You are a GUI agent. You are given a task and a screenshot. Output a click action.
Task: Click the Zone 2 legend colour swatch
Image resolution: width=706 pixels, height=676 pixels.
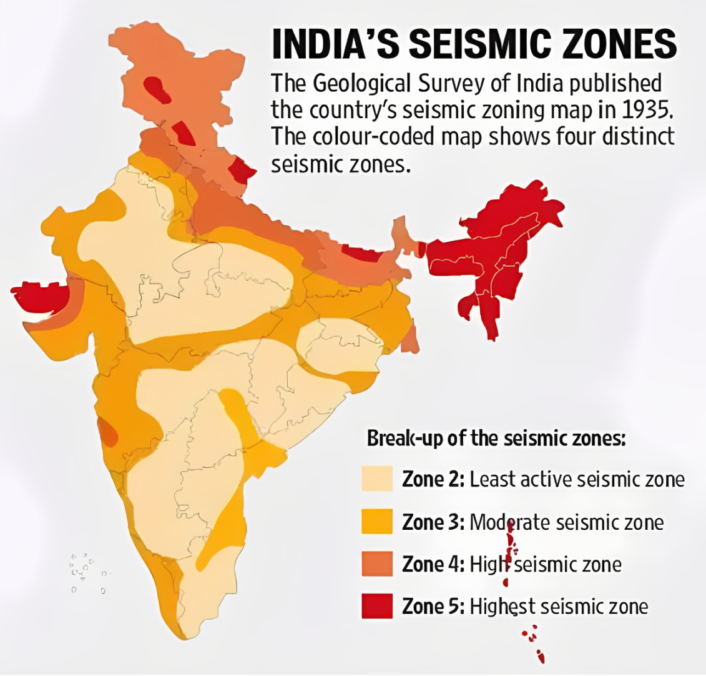click(377, 479)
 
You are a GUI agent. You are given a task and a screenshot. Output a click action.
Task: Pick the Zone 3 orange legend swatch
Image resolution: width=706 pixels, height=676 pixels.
click(377, 522)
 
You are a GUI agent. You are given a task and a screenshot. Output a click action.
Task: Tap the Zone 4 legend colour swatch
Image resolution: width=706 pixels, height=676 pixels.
click(377, 564)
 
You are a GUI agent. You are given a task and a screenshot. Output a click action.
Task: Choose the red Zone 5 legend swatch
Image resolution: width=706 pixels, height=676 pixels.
click(377, 606)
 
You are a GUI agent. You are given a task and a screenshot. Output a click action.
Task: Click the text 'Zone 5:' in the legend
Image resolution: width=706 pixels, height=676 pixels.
click(433, 606)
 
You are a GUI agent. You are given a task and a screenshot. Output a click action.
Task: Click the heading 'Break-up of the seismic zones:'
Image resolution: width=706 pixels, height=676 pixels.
click(496, 438)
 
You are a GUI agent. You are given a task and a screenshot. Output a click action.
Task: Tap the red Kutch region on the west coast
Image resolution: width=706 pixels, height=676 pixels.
click(41, 295)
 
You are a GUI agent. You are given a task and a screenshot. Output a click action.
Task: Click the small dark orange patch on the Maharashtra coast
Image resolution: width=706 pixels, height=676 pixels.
click(108, 433)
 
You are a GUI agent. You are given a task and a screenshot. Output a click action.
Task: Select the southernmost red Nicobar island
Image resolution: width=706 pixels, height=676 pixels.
click(541, 658)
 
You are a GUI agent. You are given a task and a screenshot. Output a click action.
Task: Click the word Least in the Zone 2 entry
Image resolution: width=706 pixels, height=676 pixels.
click(492, 479)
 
